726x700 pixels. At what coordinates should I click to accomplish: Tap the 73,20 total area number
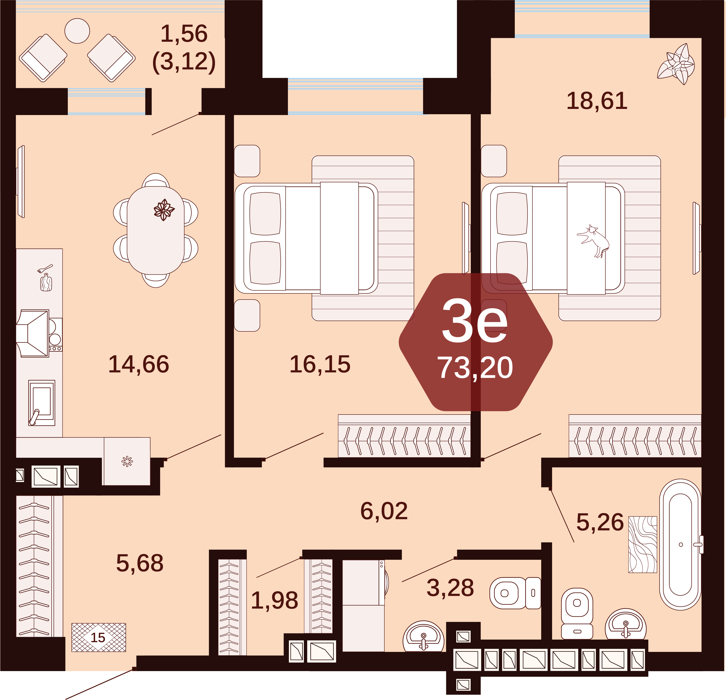tap(475, 368)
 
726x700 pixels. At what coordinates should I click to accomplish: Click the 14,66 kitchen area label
tap(139, 364)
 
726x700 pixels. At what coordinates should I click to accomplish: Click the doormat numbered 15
tap(98, 637)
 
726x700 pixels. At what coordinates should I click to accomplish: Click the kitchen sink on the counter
tap(42, 403)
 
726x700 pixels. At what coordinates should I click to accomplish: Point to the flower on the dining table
tap(164, 210)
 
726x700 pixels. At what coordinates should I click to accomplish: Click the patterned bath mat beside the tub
tap(643, 544)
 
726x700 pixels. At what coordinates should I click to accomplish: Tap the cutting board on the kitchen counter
tap(46, 282)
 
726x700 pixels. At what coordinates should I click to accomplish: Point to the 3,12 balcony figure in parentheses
tap(184, 61)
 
